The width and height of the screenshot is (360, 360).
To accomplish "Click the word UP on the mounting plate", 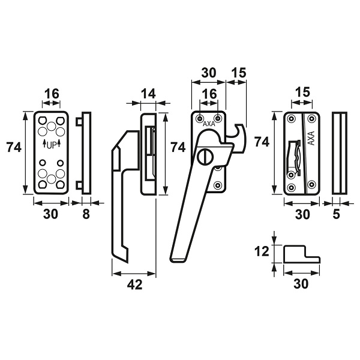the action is (x=52, y=145).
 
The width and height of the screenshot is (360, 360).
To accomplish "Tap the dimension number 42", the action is (x=135, y=284).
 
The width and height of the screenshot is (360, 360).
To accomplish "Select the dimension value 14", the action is (x=148, y=94).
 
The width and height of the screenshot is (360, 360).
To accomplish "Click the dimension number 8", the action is (x=86, y=214).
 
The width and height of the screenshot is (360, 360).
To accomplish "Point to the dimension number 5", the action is (x=336, y=214).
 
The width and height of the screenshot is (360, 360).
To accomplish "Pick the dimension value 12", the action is (x=262, y=251).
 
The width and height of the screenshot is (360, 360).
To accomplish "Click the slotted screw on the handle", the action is (x=205, y=157).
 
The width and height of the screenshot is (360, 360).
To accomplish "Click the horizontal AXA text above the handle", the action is (x=209, y=124).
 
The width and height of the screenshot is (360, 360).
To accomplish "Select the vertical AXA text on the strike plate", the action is (x=311, y=138).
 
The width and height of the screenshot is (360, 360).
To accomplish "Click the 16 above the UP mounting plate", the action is (x=52, y=94).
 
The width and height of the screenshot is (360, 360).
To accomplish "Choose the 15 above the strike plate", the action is (x=302, y=92).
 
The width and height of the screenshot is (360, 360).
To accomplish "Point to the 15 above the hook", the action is (x=239, y=73).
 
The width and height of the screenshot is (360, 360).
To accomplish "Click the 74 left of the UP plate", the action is (x=14, y=148).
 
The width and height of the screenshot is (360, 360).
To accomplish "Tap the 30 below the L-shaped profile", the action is (x=301, y=284).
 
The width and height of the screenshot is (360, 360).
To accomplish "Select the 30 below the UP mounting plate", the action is (x=50, y=214).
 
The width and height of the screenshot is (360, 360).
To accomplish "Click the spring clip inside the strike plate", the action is (x=295, y=158).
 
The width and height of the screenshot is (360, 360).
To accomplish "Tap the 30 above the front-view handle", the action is (x=209, y=73).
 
